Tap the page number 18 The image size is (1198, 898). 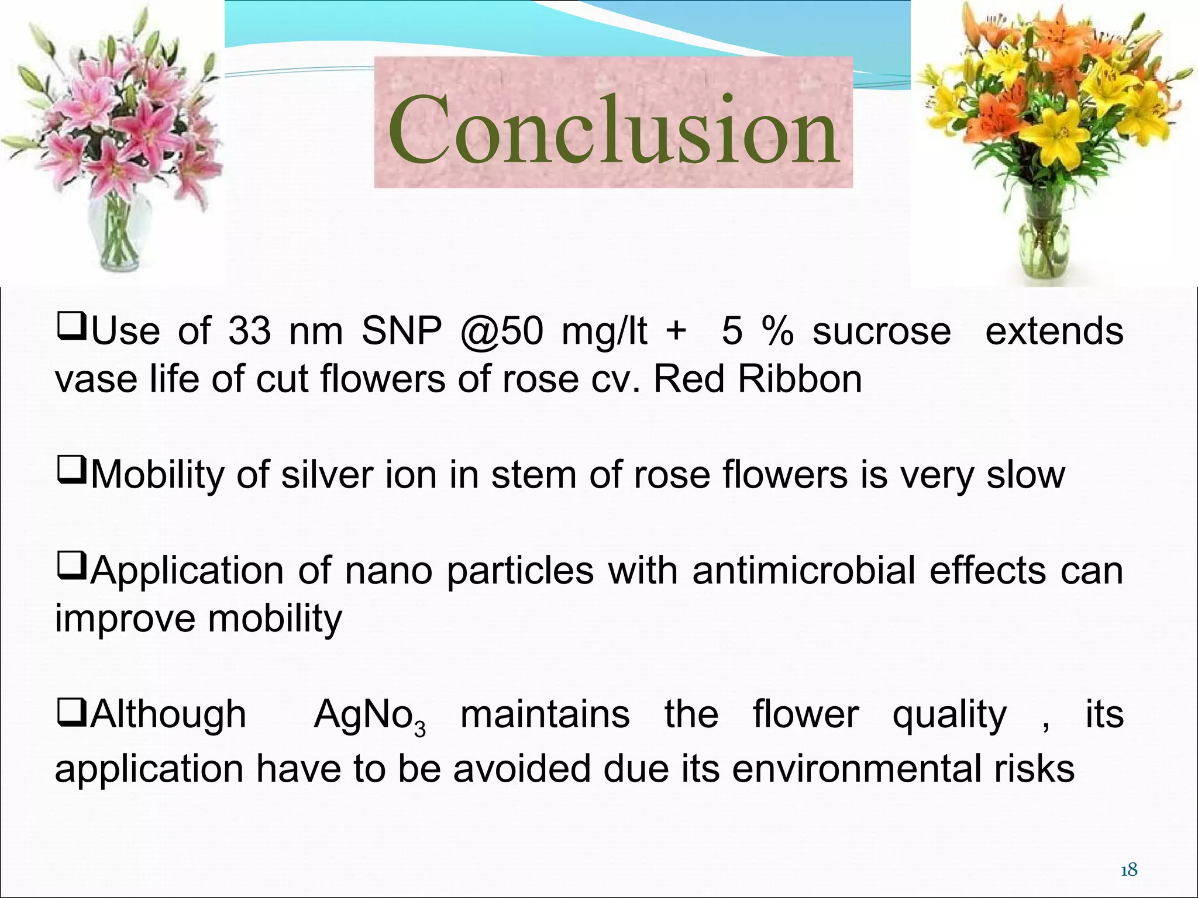(x=1128, y=854)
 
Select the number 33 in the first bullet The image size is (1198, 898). (x=249, y=331)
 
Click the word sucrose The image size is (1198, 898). (x=882, y=332)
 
